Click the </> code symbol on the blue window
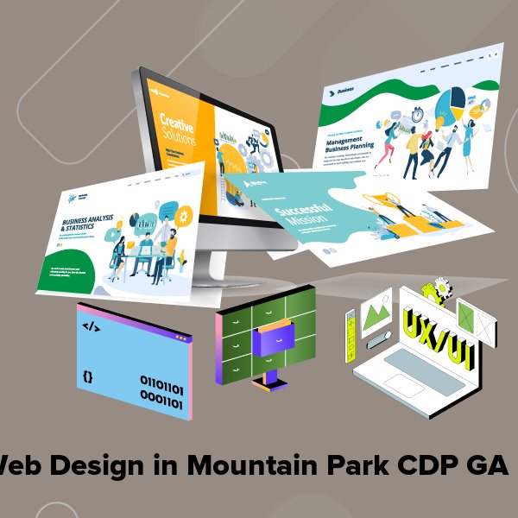(x=90, y=326)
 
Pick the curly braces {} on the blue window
(x=87, y=376)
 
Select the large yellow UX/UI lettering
(x=433, y=332)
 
